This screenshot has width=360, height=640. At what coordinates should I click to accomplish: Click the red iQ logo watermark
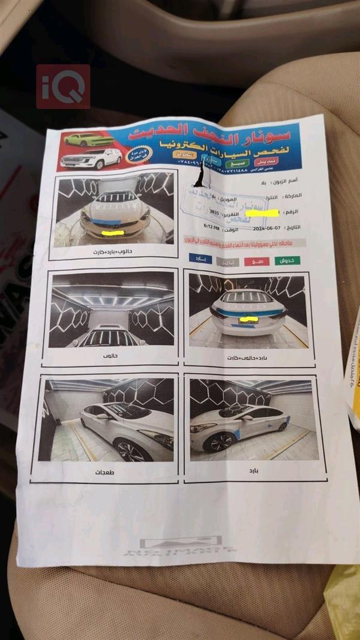[x=63, y=86]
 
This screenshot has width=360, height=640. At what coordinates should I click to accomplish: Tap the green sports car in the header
[x=89, y=139]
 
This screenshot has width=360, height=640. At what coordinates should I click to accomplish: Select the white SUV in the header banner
[x=92, y=158]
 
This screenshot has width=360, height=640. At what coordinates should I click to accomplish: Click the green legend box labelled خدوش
[x=287, y=261]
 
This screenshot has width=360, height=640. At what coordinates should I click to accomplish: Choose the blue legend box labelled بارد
[x=200, y=258]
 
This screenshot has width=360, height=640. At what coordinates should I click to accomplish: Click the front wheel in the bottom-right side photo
[x=214, y=442]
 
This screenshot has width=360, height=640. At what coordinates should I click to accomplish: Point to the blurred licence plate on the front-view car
[x=113, y=232]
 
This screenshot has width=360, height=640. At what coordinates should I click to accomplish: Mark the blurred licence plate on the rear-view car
[x=248, y=320]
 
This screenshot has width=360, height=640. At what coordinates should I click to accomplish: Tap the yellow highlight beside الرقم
[x=263, y=213]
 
